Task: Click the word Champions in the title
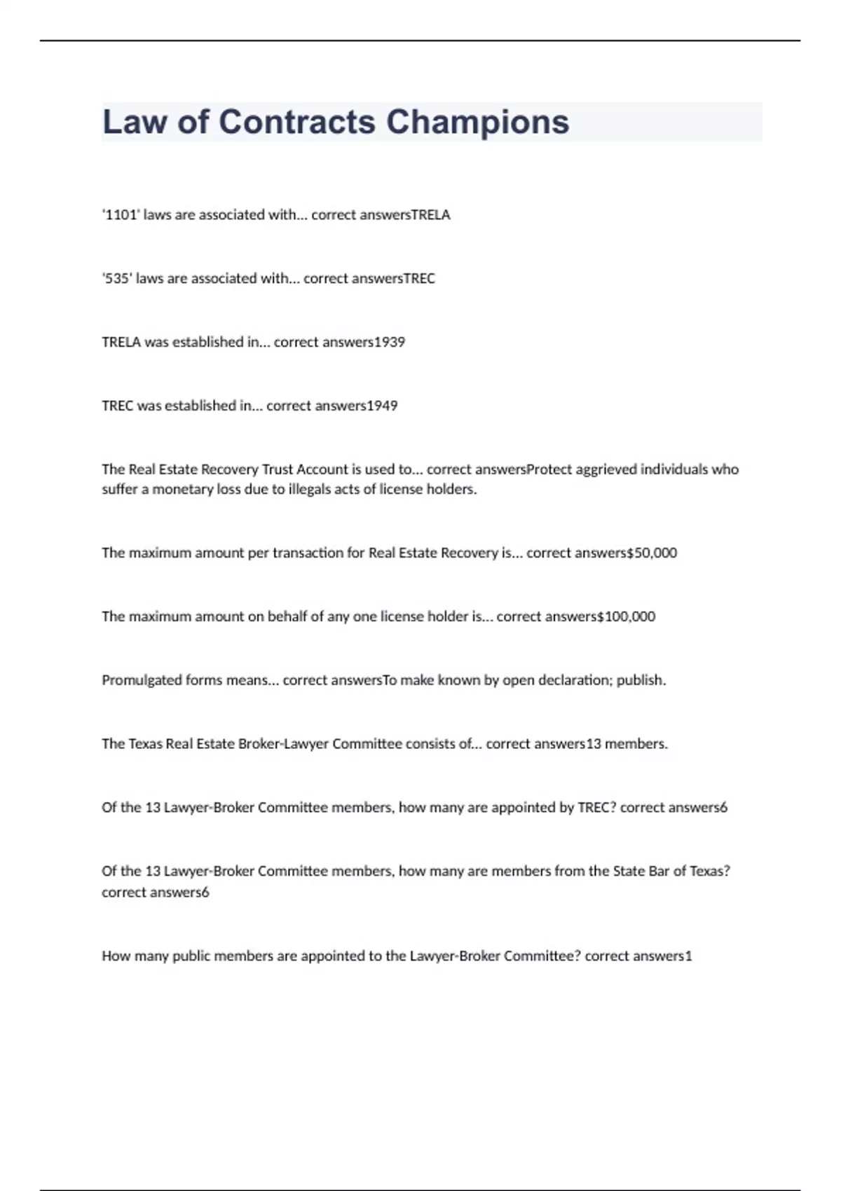477,122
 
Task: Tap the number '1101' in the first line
121,215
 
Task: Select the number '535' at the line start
117,279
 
